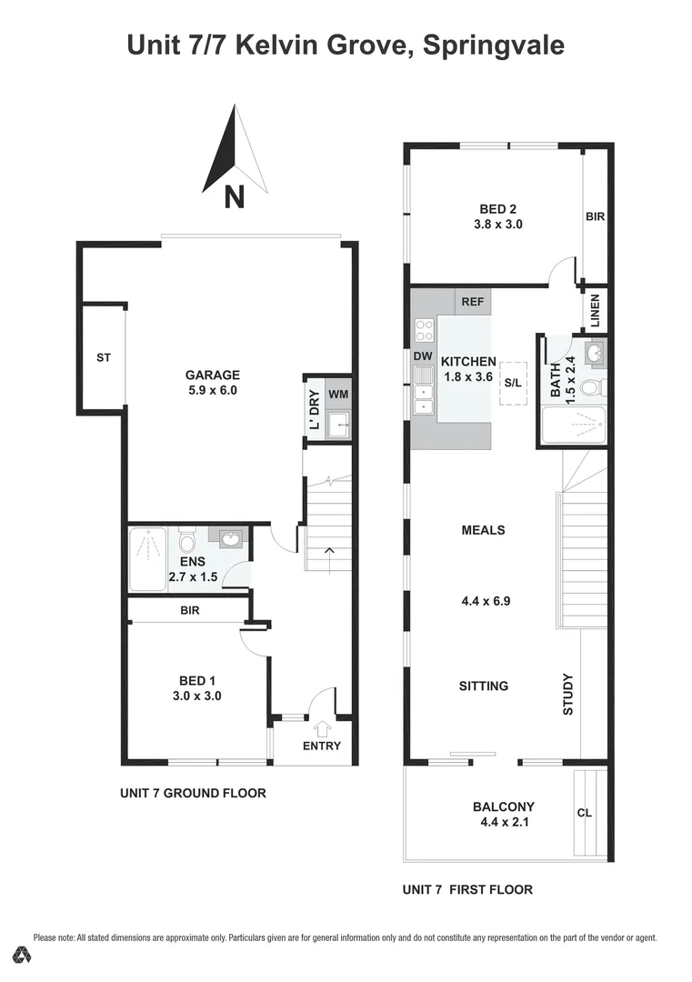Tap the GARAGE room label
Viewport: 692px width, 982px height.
(x=213, y=375)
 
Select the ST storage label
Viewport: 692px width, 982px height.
(x=104, y=358)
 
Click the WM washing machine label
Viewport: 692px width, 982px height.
(x=337, y=395)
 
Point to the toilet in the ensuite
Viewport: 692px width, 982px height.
(x=188, y=543)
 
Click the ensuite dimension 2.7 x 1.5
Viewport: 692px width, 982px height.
(x=193, y=576)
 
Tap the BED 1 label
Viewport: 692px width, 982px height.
(x=197, y=680)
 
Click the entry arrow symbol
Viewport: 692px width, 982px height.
(x=321, y=727)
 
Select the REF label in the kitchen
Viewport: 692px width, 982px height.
(x=472, y=302)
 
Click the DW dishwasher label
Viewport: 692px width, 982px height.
(x=422, y=356)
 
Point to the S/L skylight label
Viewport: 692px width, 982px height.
(x=514, y=383)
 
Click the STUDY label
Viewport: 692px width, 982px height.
(x=568, y=694)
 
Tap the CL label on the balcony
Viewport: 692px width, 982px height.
(x=585, y=813)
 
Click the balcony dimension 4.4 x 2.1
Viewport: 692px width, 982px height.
(x=503, y=822)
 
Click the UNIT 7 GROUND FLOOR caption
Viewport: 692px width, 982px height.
(x=193, y=793)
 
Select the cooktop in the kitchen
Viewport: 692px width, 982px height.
(x=424, y=330)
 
